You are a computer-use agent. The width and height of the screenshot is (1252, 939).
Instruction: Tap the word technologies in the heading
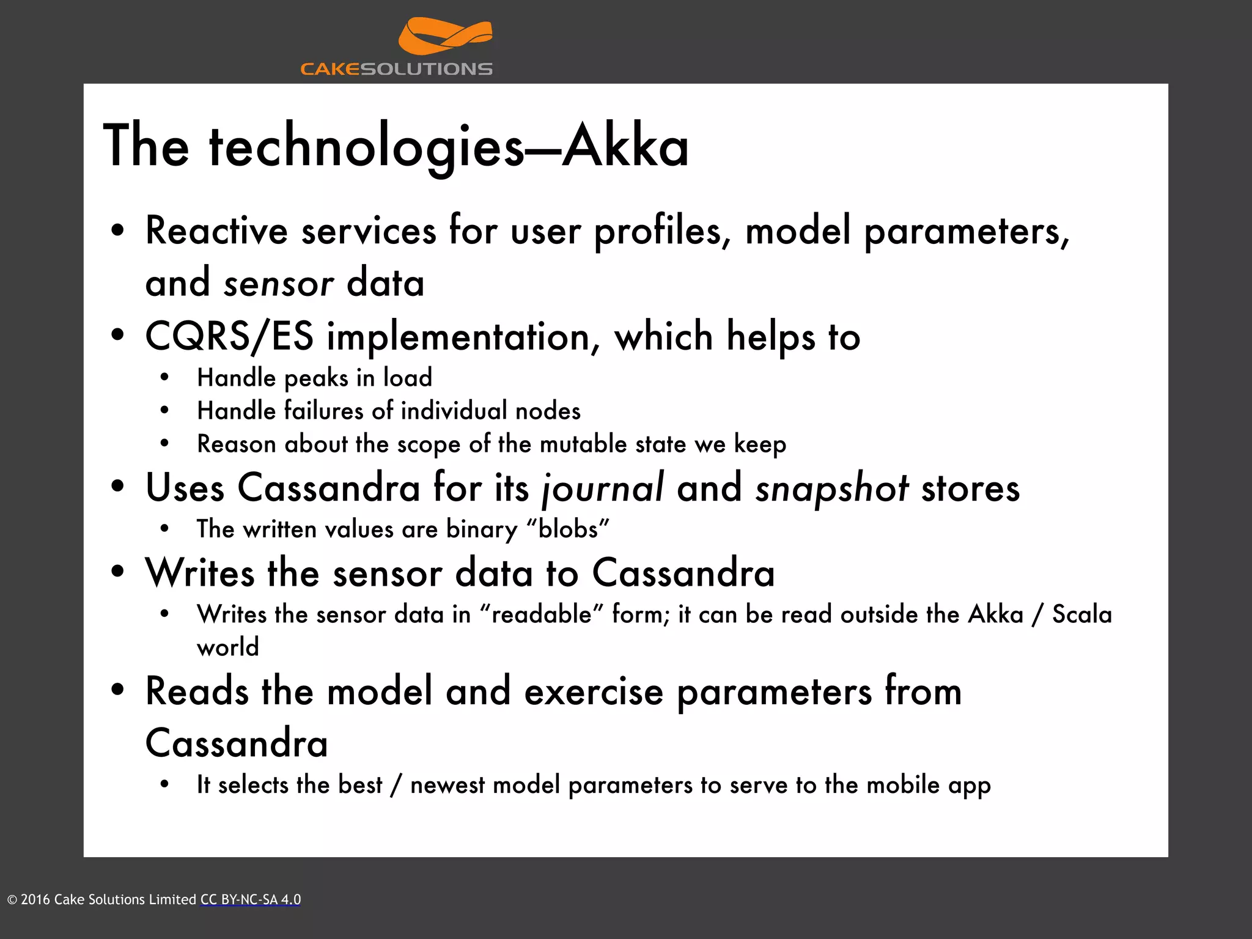tap(366, 147)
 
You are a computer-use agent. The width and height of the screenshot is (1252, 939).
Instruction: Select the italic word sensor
tap(279, 284)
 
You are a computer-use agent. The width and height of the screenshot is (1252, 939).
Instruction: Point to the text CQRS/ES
tap(229, 337)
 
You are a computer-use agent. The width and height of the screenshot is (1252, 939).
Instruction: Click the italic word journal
tap(603, 488)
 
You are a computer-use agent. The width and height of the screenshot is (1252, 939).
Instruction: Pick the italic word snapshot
tap(831, 488)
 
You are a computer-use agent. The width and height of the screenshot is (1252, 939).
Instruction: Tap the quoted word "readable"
tap(541, 614)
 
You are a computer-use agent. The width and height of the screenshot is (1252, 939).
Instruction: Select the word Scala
tap(1081, 614)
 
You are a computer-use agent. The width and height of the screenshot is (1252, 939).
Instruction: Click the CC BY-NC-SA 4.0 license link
tap(251, 899)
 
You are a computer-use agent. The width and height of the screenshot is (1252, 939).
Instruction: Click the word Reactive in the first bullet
tap(216, 231)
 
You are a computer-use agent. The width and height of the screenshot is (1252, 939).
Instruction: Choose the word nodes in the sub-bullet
tap(548, 411)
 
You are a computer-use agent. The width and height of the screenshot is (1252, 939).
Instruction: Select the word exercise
tap(594, 691)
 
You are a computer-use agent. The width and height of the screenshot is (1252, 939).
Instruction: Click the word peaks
tap(316, 378)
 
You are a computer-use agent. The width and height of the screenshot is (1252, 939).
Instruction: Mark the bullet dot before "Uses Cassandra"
tap(118, 488)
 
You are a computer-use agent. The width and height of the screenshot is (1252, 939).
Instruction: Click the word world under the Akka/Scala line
tap(228, 647)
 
